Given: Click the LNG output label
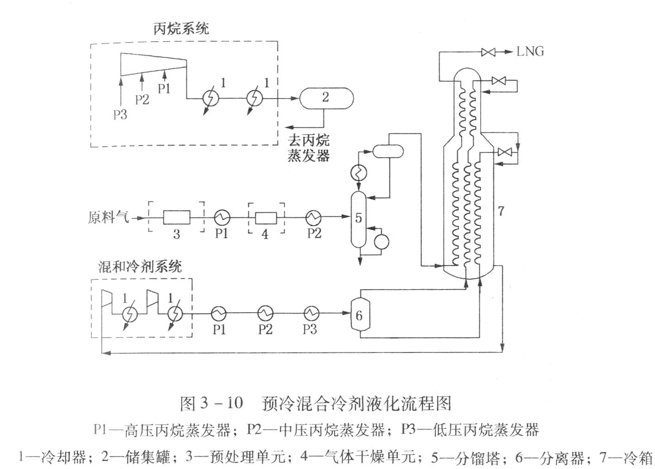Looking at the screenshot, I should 530,51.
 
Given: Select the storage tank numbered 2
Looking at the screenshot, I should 326,98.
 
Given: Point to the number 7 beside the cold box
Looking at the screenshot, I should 501,212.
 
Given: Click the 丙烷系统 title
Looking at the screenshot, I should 181,29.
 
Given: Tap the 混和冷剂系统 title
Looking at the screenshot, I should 140,266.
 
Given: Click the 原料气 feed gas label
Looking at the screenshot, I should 108,217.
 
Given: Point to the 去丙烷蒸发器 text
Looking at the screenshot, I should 309,148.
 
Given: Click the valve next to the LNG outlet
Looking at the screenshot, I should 488,52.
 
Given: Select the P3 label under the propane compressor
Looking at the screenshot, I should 120,114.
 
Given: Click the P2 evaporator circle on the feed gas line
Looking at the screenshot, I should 314,216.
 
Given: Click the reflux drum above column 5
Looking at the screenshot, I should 387,151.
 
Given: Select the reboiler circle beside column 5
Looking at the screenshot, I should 382,241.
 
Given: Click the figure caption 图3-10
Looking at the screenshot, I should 211,403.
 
